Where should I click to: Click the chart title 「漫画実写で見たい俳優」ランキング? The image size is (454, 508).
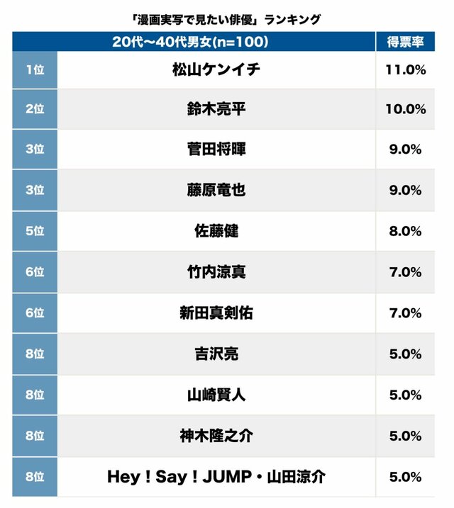pyautogui.click(x=226, y=19)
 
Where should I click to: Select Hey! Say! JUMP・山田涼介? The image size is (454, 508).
pyautogui.click(x=216, y=477)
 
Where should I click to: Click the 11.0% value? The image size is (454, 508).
pyautogui.click(x=406, y=69)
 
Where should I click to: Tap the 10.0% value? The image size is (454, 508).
pyautogui.click(x=406, y=109)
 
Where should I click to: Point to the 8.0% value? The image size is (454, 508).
pyautogui.click(x=406, y=231)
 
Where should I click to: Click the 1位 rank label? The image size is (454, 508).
pyautogui.click(x=35, y=69)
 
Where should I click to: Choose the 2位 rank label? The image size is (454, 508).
pyautogui.click(x=35, y=109)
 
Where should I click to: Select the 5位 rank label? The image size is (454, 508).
pyautogui.click(x=35, y=231)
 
